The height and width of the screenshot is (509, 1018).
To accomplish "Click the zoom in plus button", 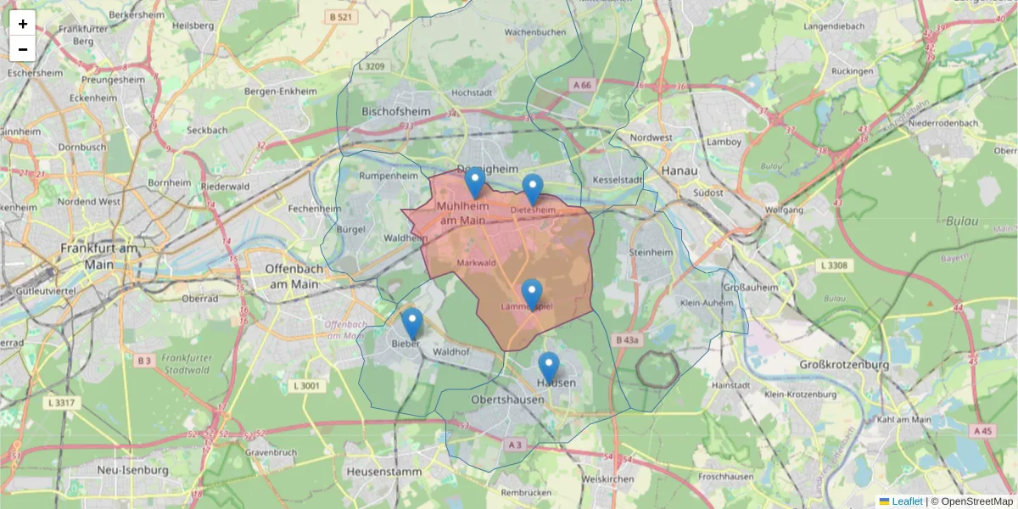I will (23, 23).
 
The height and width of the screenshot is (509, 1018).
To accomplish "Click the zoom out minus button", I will (23, 49).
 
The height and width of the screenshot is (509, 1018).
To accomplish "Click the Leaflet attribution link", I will (907, 501).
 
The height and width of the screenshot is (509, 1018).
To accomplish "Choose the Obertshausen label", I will (508, 399).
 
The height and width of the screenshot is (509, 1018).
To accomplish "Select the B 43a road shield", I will (626, 339).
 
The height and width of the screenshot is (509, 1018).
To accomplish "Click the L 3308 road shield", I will (833, 266).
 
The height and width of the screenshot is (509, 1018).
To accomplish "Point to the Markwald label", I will (476, 264).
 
